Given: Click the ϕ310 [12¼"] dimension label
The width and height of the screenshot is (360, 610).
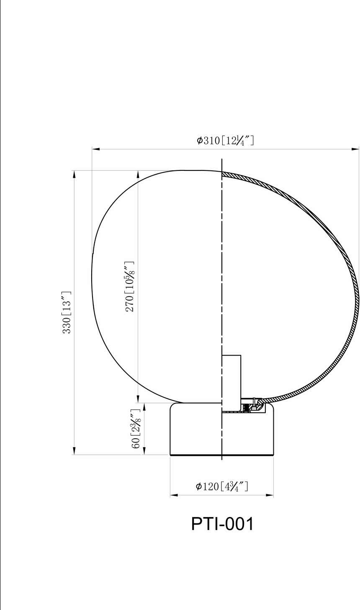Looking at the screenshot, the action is [225, 141].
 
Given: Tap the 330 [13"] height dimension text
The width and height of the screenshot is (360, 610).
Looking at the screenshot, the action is [67, 312].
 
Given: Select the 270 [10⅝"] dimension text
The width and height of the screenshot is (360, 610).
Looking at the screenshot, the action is [129, 286].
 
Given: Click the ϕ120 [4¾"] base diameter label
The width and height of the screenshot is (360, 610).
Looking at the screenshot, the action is [222, 486].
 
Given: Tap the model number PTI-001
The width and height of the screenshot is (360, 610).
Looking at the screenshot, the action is [222, 524].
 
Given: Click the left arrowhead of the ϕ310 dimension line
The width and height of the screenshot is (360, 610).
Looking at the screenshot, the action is [96, 149].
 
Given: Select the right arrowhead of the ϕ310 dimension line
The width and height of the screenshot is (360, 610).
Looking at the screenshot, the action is [355, 149].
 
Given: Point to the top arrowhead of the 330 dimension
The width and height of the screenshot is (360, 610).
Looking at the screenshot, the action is [74, 174].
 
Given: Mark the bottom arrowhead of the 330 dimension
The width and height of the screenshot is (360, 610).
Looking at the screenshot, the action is [74, 450].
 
